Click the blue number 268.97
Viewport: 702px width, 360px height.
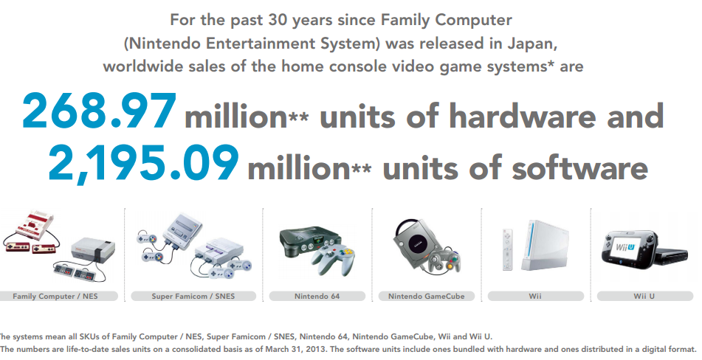click(100, 111)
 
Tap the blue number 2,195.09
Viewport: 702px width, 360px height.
click(143, 164)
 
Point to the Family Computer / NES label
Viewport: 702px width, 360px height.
click(55, 296)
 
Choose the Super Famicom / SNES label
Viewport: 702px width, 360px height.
click(193, 296)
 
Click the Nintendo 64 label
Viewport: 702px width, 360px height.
click(317, 296)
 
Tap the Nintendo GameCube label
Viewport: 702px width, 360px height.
click(426, 296)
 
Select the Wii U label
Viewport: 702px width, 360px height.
click(644, 296)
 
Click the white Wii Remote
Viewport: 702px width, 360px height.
click(507, 249)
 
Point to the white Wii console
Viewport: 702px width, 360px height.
click(546, 245)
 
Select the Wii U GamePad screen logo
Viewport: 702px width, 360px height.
click(625, 246)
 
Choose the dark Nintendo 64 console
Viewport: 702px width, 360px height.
click(309, 243)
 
